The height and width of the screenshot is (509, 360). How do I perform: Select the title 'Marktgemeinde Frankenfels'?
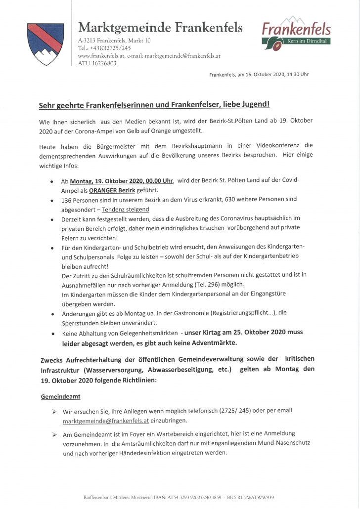point(161,28)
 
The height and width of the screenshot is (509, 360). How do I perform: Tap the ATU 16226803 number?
point(97,63)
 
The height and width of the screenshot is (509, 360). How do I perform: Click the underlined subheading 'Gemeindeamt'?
point(60,396)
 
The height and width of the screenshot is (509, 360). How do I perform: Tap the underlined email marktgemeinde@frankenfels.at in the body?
point(106,421)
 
